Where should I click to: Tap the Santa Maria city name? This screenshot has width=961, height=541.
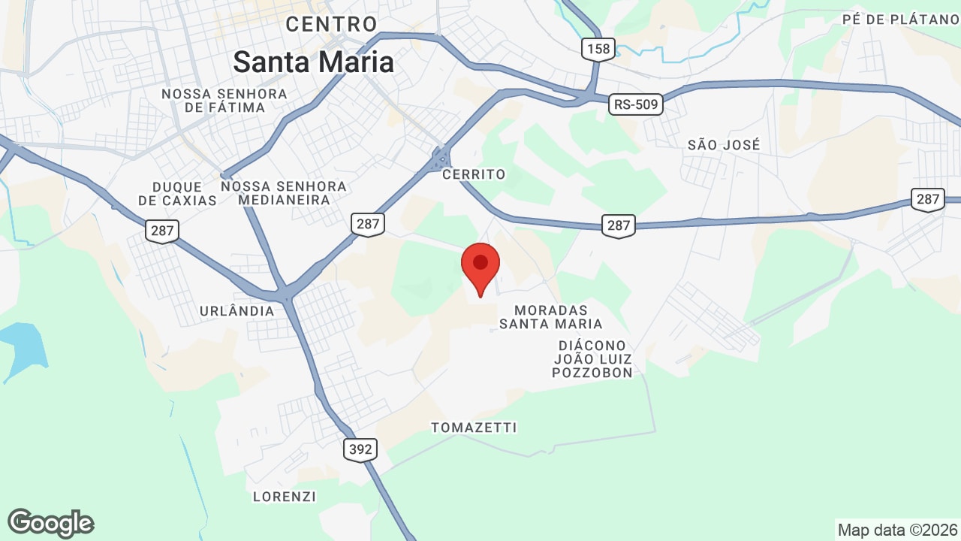313,62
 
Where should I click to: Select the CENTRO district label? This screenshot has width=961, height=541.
331,24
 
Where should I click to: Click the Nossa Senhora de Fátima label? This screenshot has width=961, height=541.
224,101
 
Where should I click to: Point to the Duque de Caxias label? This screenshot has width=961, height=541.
178,193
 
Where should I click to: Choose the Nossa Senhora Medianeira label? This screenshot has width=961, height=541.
284,193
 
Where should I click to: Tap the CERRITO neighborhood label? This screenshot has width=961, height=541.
474,174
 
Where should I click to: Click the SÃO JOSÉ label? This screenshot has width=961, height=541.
724,144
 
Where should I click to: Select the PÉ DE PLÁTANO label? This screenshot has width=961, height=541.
901,20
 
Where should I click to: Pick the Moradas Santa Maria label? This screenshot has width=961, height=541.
551,317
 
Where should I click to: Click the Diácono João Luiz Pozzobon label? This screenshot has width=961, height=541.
592,358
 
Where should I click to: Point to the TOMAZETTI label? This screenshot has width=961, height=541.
474,428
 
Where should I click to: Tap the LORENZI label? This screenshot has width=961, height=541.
285,497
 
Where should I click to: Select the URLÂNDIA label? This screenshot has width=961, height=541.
237,310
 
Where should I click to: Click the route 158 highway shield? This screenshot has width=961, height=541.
599,50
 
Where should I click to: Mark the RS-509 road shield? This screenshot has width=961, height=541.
636,104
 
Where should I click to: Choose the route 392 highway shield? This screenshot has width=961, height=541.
360,449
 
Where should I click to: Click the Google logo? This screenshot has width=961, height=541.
51,523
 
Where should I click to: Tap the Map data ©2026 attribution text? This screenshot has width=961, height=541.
897,530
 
